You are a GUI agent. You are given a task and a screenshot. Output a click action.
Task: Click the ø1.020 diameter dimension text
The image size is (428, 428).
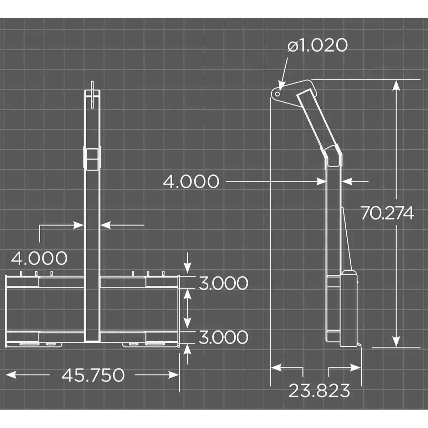click(317, 46)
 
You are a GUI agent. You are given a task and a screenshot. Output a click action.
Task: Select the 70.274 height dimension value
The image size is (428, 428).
click(387, 213)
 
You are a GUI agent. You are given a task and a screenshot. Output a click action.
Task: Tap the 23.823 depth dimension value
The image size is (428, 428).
click(319, 391)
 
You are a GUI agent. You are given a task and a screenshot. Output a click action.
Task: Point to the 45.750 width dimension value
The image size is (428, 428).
click(93, 375)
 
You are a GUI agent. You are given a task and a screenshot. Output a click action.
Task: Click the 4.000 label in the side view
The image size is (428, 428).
click(191, 182)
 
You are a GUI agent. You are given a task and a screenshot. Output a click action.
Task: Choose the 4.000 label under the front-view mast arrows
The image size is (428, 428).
click(39, 258)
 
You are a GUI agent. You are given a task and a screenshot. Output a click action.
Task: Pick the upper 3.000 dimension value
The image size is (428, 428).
click(223, 283)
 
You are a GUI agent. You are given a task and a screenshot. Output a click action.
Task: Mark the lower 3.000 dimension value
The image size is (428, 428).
click(223, 337)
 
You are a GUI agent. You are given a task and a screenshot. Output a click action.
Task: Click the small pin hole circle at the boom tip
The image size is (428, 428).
click(277, 93)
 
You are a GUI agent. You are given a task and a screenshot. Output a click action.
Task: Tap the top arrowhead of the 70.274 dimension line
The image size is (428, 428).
click(396, 85)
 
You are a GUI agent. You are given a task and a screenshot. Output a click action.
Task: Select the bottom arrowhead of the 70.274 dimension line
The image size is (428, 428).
click(396, 342)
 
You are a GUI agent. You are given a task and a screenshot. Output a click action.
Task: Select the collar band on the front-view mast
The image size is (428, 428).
click(92, 159)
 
